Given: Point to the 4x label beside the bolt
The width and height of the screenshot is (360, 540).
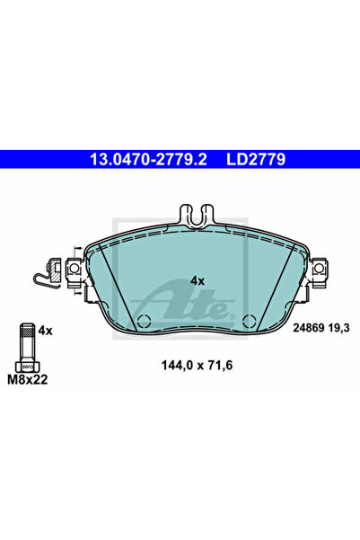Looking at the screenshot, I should click(47, 331).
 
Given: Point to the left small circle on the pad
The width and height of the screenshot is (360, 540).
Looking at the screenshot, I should click(143, 322).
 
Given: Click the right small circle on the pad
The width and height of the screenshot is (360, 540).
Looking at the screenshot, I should click(249, 322).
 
